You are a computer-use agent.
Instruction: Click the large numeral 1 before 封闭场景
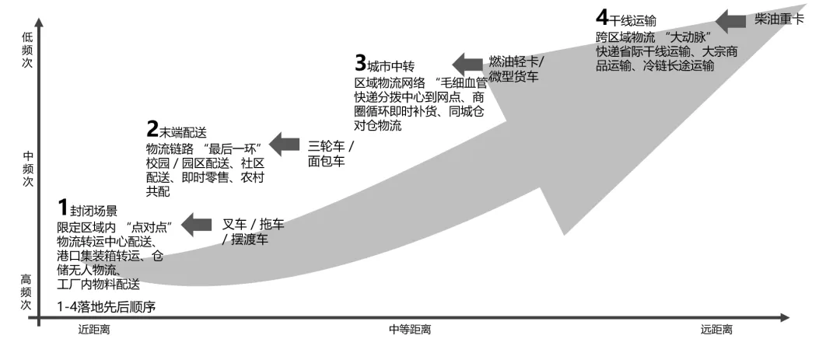coord(62,208)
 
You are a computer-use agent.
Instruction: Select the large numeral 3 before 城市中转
coord(360,63)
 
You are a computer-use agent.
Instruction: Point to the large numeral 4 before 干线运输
coord(601,17)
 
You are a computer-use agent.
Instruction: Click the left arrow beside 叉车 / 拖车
coord(197,225)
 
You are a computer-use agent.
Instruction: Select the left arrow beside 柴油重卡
coord(730,20)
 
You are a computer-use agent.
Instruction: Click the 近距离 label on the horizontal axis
coord(94,330)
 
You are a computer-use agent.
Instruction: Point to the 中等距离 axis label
coord(410,330)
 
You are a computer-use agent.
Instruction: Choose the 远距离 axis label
coord(716,330)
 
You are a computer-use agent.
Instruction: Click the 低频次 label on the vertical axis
coord(28,51)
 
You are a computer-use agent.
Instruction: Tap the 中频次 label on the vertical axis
coord(28,168)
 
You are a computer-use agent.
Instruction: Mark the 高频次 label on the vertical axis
coord(28,292)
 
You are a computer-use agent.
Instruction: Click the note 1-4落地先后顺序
coord(107,306)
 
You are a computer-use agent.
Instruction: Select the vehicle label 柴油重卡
coord(778,20)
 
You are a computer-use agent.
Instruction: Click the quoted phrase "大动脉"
coord(690,37)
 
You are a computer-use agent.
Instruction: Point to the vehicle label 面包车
coord(327,161)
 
